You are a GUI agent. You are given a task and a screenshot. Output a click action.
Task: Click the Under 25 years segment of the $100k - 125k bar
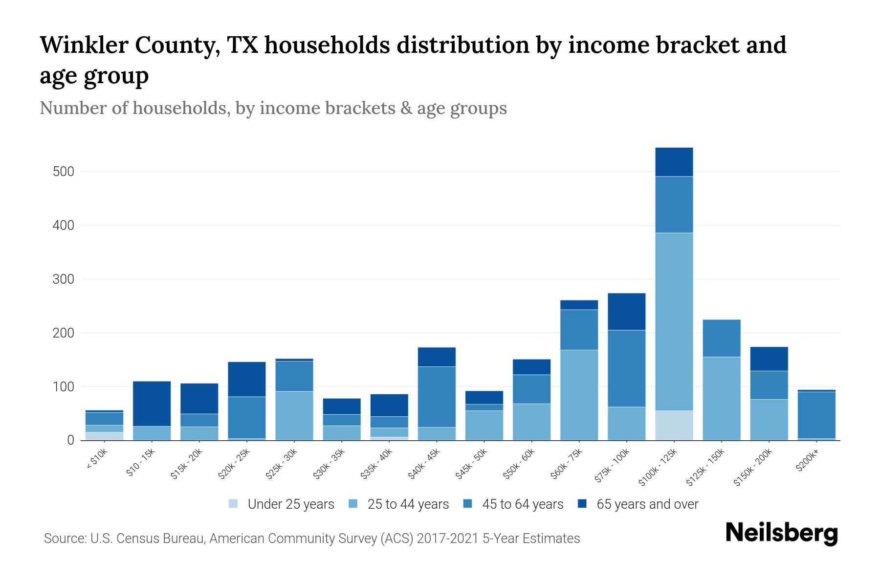click(674, 425)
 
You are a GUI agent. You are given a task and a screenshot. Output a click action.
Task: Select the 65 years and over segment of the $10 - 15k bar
click(152, 404)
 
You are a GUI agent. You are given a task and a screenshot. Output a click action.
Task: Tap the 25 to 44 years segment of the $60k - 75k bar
click(579, 395)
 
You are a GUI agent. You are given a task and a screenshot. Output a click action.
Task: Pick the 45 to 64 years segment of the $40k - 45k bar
click(437, 397)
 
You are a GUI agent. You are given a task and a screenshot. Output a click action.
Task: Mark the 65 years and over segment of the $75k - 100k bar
click(626, 312)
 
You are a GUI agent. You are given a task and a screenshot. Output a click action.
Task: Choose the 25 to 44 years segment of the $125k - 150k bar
click(721, 398)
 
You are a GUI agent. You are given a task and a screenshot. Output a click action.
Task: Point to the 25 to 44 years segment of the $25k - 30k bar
click(294, 415)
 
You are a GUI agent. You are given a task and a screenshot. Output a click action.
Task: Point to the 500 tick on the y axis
click(64, 172)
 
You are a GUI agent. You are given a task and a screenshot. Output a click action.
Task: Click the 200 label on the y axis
click(64, 333)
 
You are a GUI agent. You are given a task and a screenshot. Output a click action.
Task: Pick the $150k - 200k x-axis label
click(752, 467)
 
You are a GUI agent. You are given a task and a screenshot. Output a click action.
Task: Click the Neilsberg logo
click(781, 533)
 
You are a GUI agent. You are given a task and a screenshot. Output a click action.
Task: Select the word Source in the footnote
click(64, 539)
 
